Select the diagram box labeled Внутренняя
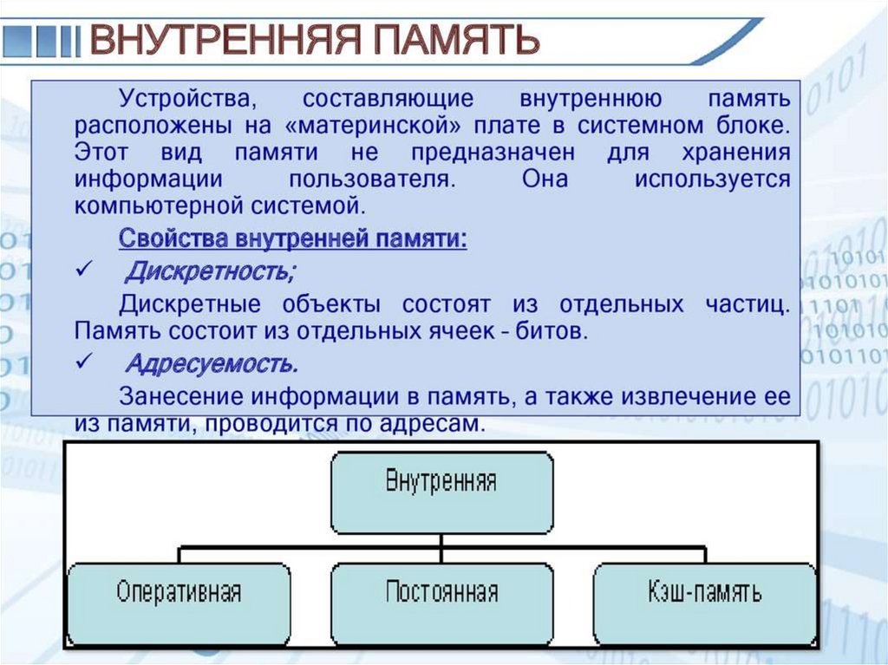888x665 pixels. (x=441, y=492)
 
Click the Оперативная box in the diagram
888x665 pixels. (x=179, y=603)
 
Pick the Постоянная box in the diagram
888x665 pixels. (x=441, y=603)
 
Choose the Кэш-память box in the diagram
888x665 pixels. (x=705, y=603)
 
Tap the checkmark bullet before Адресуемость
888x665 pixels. (x=84, y=362)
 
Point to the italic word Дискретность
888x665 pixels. (x=210, y=272)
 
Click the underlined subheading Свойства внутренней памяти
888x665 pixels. (x=293, y=239)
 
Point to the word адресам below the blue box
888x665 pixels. (x=434, y=425)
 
